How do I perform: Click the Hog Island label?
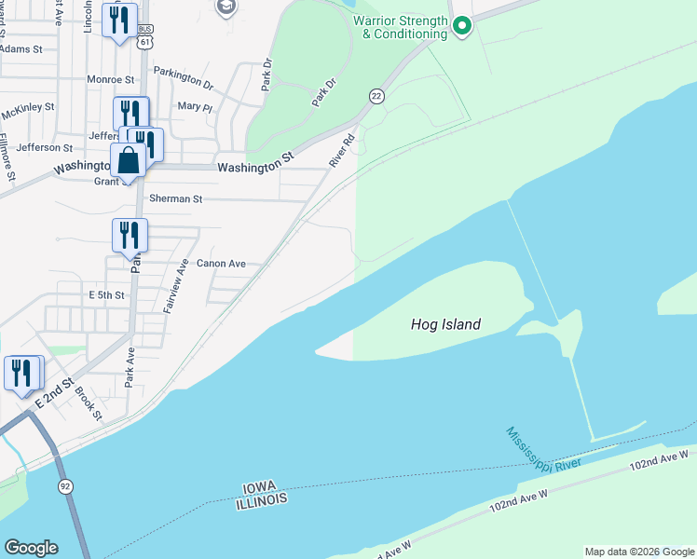(445, 325)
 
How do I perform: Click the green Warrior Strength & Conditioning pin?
(460, 24)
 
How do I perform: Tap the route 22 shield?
(376, 96)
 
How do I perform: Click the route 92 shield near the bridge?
(65, 486)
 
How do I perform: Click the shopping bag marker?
(128, 161)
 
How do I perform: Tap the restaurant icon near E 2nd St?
(22, 373)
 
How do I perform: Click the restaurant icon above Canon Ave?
(130, 235)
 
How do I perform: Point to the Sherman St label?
(176, 199)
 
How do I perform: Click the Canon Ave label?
(221, 264)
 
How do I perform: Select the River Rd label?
(342, 151)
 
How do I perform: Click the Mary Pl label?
(195, 107)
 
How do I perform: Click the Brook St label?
(89, 402)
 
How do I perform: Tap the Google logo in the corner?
(31, 548)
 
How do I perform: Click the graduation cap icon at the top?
(225, 8)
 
